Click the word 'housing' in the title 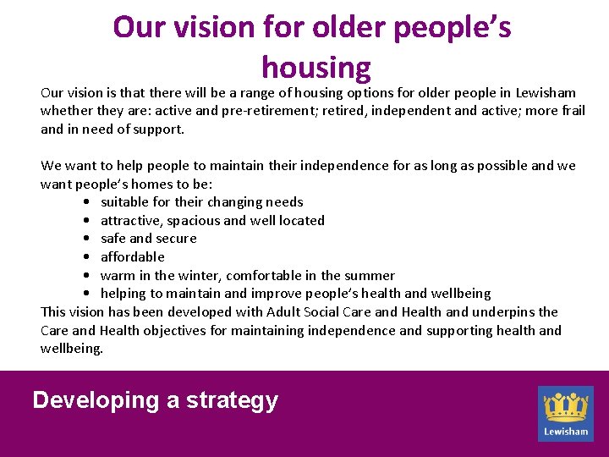point(315,67)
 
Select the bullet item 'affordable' point(133,257)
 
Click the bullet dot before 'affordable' point(89,257)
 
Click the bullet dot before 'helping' point(89,294)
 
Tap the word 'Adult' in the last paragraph point(283,312)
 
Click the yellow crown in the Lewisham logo point(566,407)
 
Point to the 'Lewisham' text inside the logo point(566,431)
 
